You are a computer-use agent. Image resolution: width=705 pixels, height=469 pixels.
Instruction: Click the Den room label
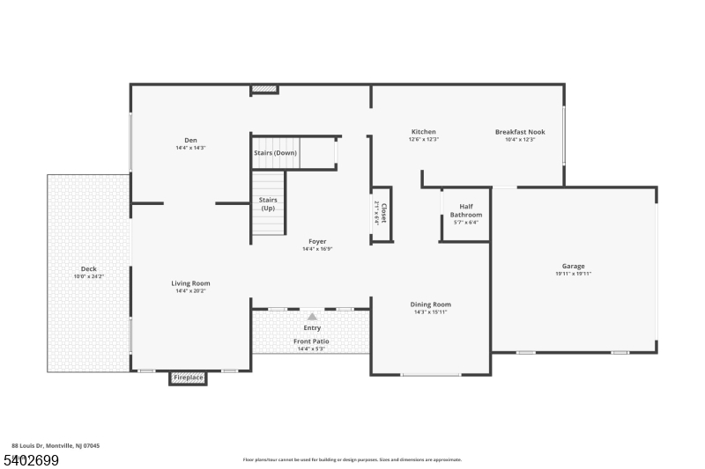pyautogui.click(x=190, y=140)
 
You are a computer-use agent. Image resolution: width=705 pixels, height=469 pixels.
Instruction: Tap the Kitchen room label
pyautogui.click(x=423, y=132)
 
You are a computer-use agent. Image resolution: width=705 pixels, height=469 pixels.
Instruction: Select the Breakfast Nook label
pyautogui.click(x=520, y=132)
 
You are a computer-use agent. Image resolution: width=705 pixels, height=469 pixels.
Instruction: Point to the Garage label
pyautogui.click(x=573, y=266)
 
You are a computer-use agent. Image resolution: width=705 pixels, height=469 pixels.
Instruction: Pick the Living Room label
pyautogui.click(x=190, y=283)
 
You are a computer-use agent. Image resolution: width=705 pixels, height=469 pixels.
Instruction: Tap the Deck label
pyautogui.click(x=88, y=269)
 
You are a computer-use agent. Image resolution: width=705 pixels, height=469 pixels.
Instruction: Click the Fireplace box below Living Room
pyautogui.click(x=188, y=377)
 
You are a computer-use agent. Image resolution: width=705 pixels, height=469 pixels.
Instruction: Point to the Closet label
pyautogui.click(x=383, y=214)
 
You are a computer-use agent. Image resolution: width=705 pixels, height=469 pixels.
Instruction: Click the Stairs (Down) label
pyautogui.click(x=275, y=153)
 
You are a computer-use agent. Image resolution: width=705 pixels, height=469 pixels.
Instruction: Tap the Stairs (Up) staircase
pyautogui.click(x=269, y=204)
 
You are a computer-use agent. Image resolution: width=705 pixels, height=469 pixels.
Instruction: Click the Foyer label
pyautogui.click(x=317, y=241)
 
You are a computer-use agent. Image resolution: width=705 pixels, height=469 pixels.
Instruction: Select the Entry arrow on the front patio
pyautogui.click(x=311, y=316)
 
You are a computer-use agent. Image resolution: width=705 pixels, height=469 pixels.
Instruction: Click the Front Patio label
pyautogui.click(x=310, y=341)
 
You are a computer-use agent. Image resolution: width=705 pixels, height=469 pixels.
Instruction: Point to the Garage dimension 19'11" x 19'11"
pyautogui.click(x=573, y=274)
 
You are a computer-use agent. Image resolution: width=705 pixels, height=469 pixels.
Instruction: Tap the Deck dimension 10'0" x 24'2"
pyautogui.click(x=88, y=277)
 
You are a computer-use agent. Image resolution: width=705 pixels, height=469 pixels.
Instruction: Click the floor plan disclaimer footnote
pyautogui.click(x=352, y=459)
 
